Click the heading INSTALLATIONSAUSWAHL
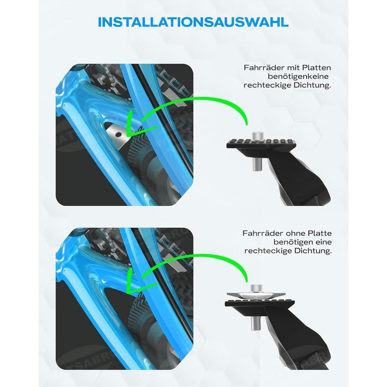(x=193, y=22)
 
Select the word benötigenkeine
(x=298, y=76)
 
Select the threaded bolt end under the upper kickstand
(x=256, y=164)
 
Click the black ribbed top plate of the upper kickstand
(x=262, y=144)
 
